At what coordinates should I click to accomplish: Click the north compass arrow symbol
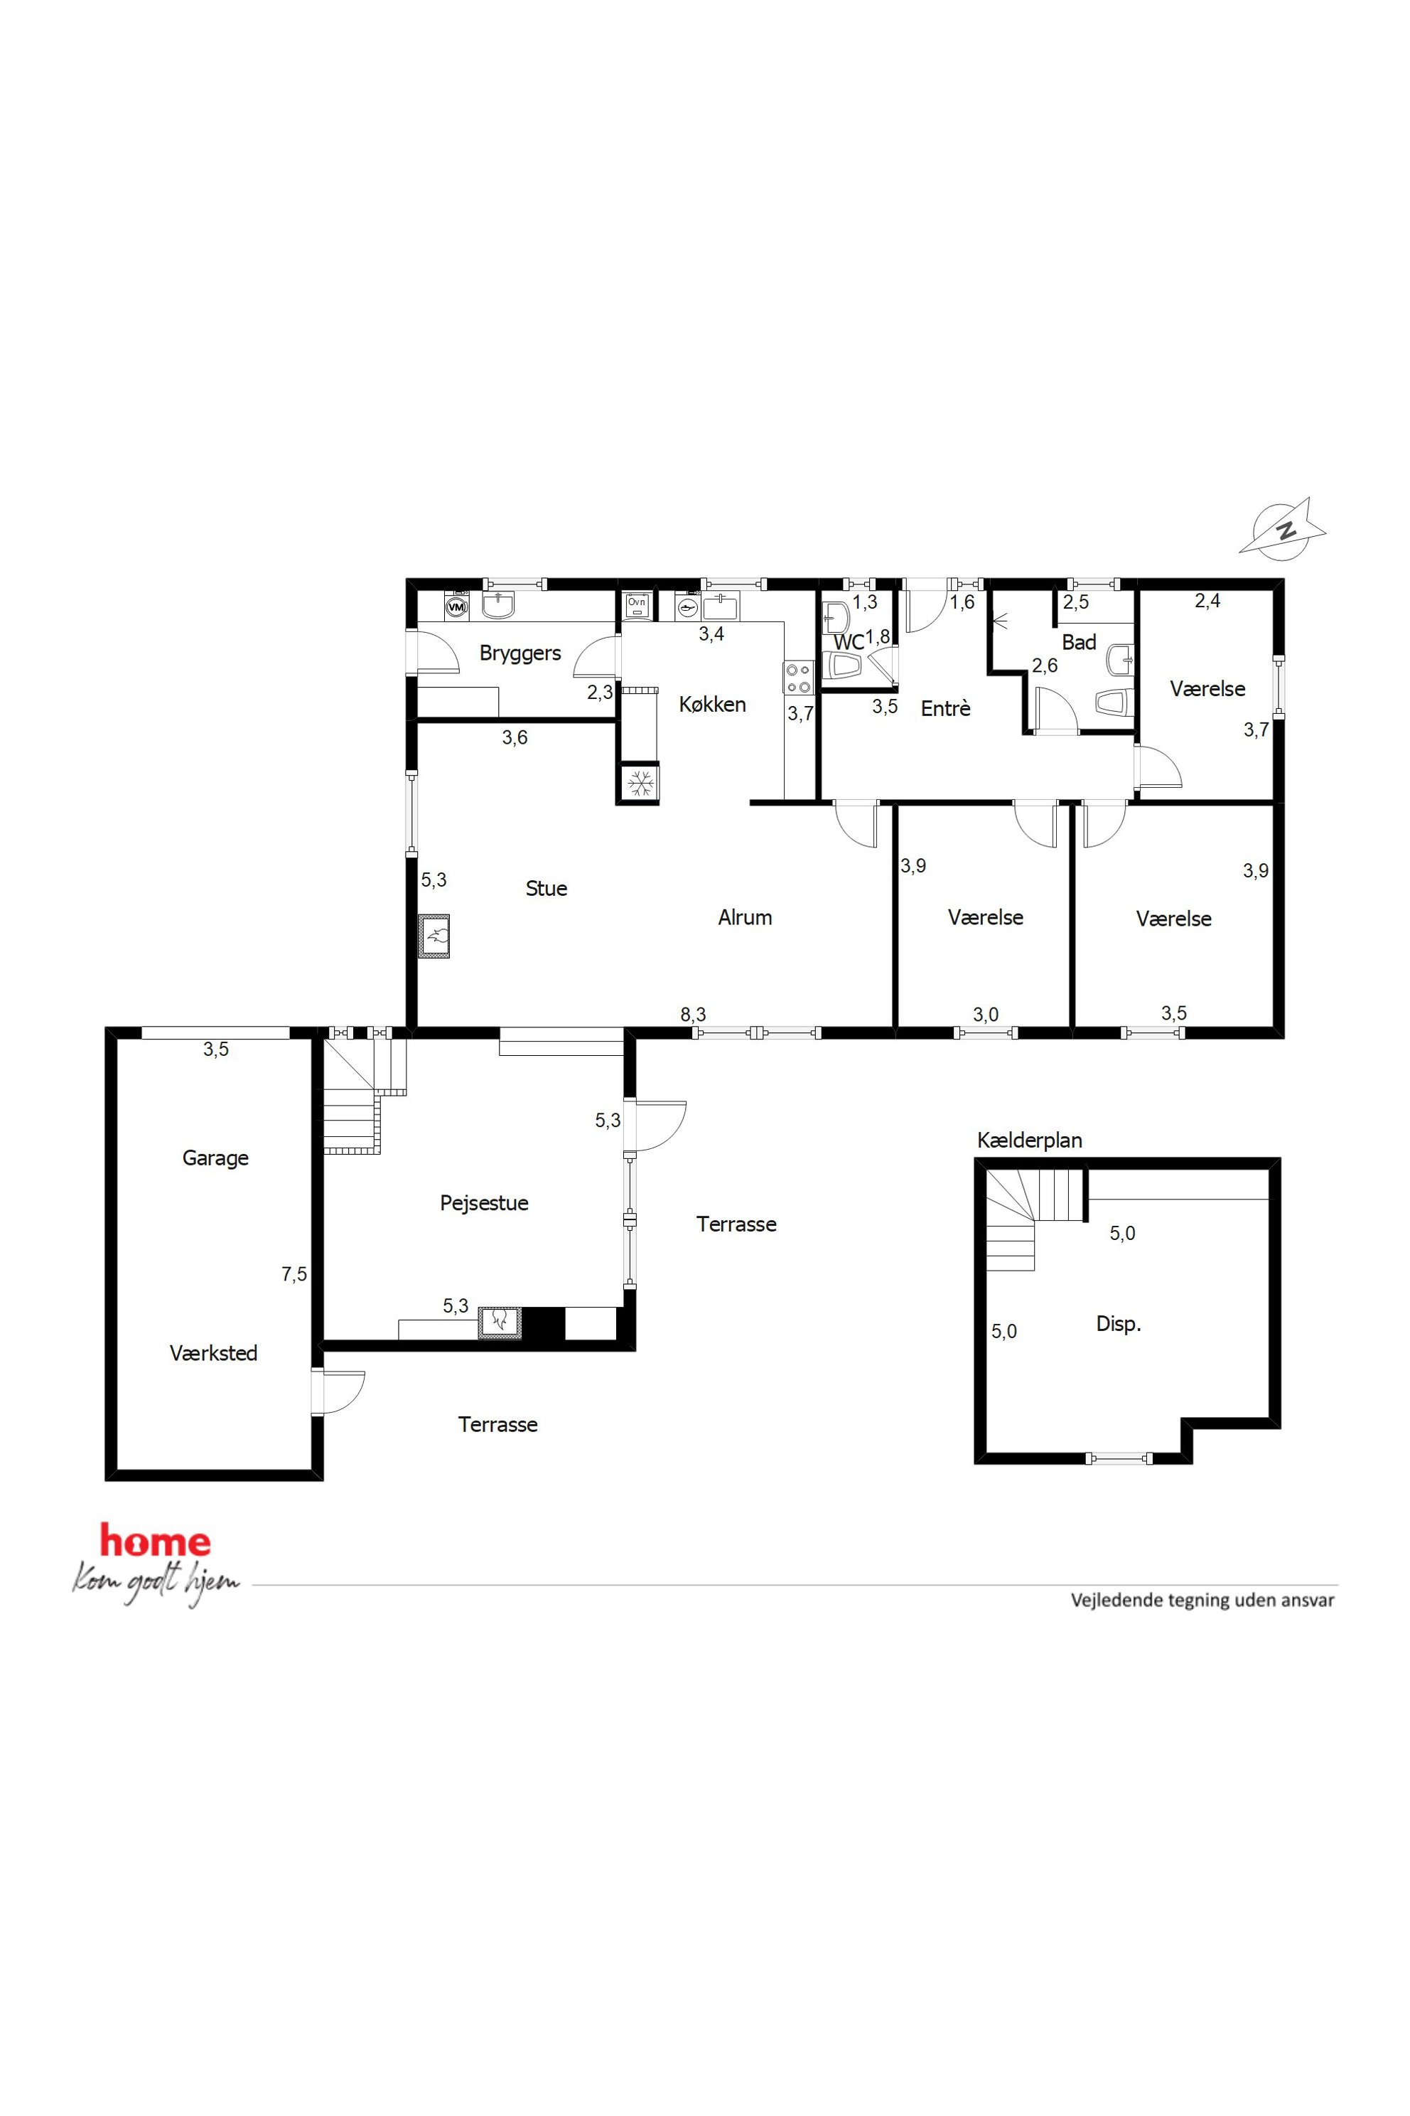pos(1283,527)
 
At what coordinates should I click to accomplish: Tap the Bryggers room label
pos(520,654)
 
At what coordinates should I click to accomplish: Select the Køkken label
pos(712,705)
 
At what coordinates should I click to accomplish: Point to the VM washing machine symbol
pos(457,607)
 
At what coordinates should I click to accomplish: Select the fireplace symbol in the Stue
pos(434,936)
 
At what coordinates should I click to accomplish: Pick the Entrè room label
pos(945,709)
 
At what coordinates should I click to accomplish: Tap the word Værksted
pos(213,1353)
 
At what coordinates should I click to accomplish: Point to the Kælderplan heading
pos(1030,1140)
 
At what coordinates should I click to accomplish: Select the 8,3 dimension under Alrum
pos(694,1015)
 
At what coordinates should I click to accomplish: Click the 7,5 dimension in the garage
pos(294,1274)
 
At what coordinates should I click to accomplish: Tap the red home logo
pos(156,1541)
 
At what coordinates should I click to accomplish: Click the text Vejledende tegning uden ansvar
pos(1202,1601)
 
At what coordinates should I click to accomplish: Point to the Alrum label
pos(745,918)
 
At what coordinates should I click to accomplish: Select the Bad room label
pos(1079,642)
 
